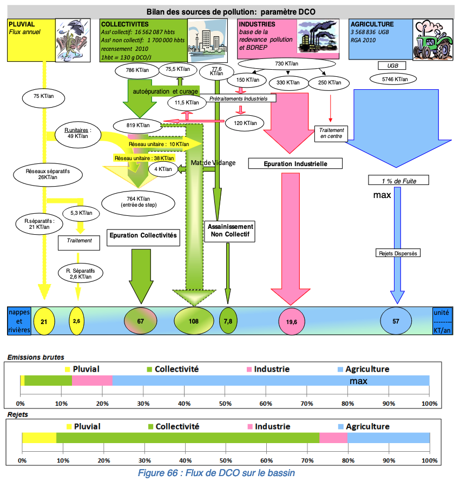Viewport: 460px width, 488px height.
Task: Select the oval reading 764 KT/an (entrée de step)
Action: tap(139, 202)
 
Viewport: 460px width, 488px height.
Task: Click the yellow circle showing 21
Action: tap(44, 321)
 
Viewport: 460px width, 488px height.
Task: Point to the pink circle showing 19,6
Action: tap(292, 321)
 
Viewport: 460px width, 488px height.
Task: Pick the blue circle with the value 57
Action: tap(396, 321)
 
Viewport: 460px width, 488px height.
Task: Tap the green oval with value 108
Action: tap(193, 321)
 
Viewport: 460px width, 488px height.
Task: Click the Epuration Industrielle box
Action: tap(295, 163)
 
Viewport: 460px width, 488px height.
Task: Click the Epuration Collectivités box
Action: tap(143, 235)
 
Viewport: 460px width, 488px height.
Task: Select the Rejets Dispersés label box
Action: tap(398, 253)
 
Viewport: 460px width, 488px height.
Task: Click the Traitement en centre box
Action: tap(331, 134)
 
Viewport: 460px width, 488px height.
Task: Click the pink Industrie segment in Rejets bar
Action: tap(333, 438)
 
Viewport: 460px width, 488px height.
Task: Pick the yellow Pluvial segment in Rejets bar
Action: tap(39, 438)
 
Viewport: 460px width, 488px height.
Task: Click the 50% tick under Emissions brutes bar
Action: tap(225, 404)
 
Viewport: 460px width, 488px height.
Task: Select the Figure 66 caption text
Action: tap(216, 473)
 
